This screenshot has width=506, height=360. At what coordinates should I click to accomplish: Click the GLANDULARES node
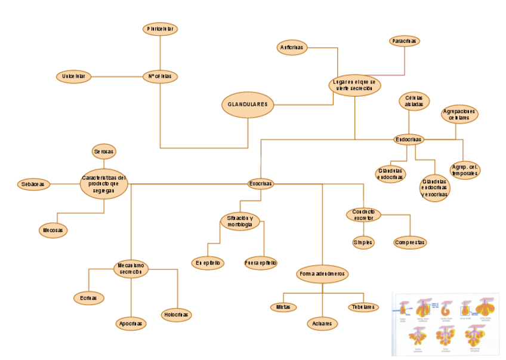coord(248,104)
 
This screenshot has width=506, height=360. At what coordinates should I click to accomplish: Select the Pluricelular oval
coord(161,29)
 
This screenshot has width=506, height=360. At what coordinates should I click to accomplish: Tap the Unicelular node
coord(74,76)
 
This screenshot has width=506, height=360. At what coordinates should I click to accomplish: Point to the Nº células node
coord(161,76)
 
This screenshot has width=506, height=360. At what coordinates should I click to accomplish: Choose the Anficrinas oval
coord(292,48)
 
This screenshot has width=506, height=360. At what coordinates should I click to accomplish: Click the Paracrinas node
coord(405,41)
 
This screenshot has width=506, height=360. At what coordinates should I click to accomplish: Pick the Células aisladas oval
coord(414,101)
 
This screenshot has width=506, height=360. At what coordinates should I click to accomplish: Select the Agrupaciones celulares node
coord(459,114)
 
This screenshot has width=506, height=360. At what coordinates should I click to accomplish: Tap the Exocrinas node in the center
coord(260,184)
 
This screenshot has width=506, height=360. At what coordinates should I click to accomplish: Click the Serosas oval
coord(104,152)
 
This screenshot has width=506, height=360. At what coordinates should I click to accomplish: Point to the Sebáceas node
coord(33,184)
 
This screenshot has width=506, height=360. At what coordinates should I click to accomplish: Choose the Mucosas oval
coord(53,230)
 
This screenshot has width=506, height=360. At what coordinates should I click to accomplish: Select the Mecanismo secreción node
coord(131,269)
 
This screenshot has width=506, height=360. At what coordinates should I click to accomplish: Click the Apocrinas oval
coord(131,324)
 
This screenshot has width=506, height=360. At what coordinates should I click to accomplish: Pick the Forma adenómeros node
coord(322,274)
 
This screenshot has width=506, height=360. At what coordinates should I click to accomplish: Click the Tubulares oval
coord(363,307)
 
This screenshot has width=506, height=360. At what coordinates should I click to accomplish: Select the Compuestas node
coord(410,243)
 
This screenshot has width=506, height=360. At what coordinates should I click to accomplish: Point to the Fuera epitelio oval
coord(261,263)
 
